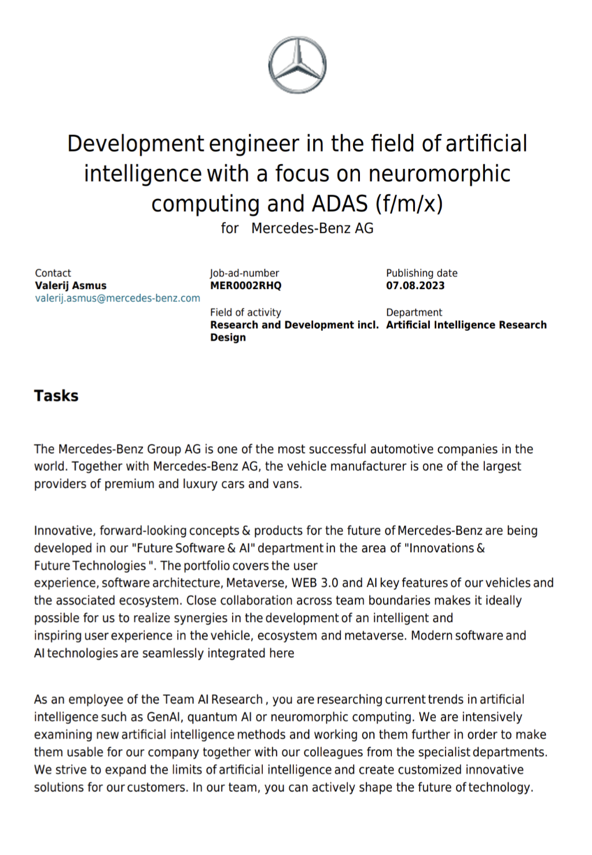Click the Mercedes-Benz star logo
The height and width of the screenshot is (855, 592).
[x=297, y=65]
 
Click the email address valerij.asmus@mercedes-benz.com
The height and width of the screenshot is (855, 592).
[x=117, y=298]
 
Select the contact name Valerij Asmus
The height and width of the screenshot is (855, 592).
[x=71, y=286]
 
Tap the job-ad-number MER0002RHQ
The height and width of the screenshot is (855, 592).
[x=245, y=286]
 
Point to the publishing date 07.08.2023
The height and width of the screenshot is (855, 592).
[x=415, y=286]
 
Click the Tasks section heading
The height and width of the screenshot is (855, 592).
[x=56, y=396]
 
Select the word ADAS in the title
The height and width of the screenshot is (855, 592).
[x=340, y=204]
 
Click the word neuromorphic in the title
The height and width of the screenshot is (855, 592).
[x=439, y=174]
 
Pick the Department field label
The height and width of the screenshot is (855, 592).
[x=414, y=312]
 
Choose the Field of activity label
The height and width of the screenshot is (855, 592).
[x=245, y=312]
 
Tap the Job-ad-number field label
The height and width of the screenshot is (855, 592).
[x=244, y=273]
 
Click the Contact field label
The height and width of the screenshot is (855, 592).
[x=53, y=273]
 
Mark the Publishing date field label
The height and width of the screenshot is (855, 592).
[x=422, y=273]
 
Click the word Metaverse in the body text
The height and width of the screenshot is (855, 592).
[x=255, y=583]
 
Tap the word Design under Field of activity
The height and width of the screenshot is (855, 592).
[x=228, y=338]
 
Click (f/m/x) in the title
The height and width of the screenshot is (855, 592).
[x=409, y=204]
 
